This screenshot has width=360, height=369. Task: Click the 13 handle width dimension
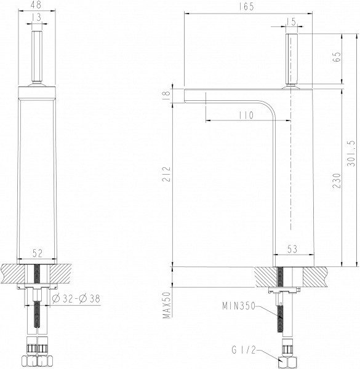(38, 18)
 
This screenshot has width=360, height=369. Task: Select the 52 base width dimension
(38, 252)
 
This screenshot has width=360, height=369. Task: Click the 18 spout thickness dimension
(164, 95)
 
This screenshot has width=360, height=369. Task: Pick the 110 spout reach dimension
(244, 115)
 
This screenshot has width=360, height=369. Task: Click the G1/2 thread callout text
(243, 351)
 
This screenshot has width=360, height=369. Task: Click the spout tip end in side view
(186, 95)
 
